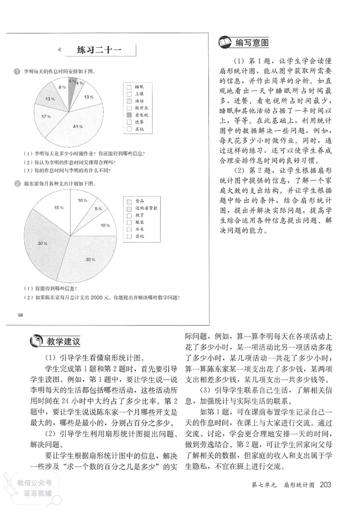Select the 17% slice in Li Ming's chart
[45, 117]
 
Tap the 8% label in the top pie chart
[59, 88]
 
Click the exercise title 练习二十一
[94, 50]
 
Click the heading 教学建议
[63, 341]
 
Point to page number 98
[20, 314]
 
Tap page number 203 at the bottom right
[325, 485]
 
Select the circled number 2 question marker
[17, 183]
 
